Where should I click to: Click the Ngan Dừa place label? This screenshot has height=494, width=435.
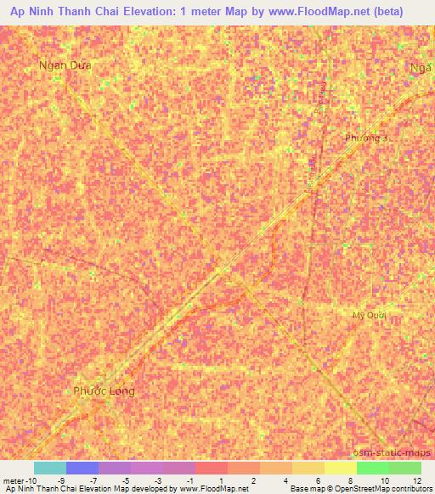(x=65, y=65)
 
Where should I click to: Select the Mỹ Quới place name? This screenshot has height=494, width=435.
(x=369, y=315)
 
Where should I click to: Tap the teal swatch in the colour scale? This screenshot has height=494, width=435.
(x=50, y=468)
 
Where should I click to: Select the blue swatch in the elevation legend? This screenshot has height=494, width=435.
(x=82, y=468)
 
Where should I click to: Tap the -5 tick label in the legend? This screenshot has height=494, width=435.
(x=127, y=480)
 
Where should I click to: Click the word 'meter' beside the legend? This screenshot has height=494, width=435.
(x=13, y=480)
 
